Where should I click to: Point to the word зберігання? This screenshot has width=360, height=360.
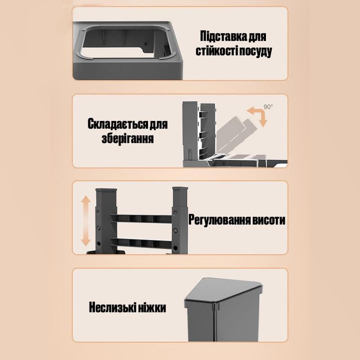pos(128,138)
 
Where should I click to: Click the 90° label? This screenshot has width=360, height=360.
pos(268,107)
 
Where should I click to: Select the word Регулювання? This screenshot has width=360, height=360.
pos(217,220)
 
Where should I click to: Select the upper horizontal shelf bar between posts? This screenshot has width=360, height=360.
pos(141,219)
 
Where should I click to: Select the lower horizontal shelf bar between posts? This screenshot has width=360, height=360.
pos(141,243)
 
